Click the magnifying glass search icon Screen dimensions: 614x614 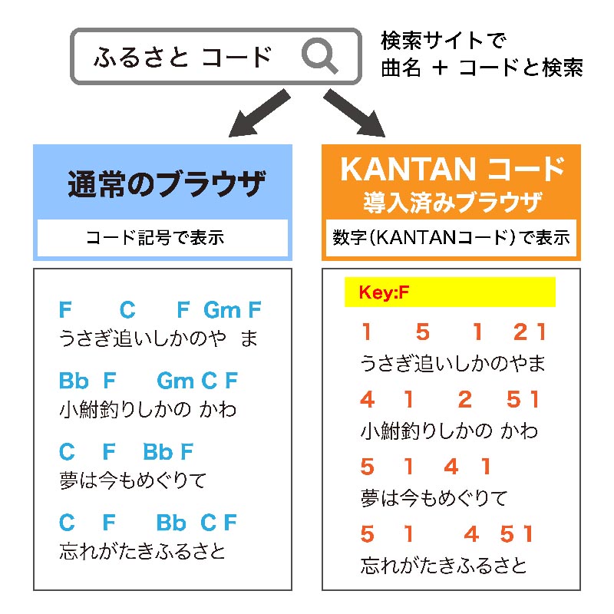pos(319,55)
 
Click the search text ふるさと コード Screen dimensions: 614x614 pos(183,57)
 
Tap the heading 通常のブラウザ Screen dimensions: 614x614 pos(166,183)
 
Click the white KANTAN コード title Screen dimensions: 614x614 pos(453,169)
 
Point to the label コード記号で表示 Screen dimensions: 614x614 pos(155,238)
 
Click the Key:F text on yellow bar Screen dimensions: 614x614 pos(384,292)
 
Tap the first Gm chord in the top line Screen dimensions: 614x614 pos(222,310)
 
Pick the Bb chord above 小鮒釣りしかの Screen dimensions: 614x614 pos(74,381)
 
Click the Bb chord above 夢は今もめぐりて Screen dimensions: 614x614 pos(158,452)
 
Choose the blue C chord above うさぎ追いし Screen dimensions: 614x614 pos(127,310)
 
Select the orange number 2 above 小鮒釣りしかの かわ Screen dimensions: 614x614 pos(465,399)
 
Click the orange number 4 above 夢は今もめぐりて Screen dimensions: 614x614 pos(451,467)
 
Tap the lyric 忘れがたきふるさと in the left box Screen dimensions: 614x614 pos(143,551)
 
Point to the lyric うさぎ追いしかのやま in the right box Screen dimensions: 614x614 pos(453,363)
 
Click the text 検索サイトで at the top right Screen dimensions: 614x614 pos(444,41)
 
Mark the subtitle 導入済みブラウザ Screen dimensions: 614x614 pos(453,203)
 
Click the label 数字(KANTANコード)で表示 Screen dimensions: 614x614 pos(451,238)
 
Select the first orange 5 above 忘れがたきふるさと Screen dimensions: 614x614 pos(368,534)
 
